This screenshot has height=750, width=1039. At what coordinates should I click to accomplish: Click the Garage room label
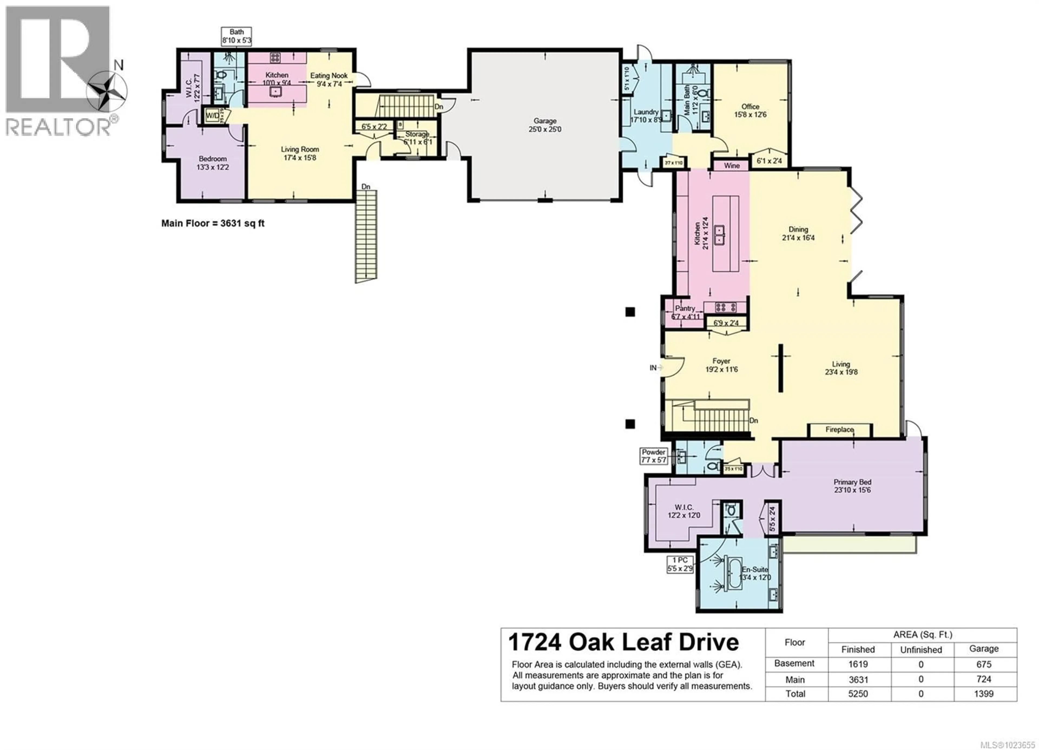(x=545, y=121)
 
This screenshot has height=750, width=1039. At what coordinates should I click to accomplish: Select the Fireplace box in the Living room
(x=839, y=430)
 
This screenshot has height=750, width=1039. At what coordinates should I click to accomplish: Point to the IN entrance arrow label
(x=653, y=367)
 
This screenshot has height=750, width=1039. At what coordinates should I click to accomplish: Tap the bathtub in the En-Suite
(x=734, y=573)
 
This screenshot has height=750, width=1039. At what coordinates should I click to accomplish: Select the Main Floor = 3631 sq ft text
(x=213, y=223)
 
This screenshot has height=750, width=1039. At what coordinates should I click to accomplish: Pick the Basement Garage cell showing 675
(x=984, y=664)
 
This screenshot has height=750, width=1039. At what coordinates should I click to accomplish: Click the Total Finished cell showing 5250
(x=858, y=694)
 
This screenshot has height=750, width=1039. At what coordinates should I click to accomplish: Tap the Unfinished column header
(x=921, y=650)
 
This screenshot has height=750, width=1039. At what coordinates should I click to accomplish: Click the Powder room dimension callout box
(x=654, y=456)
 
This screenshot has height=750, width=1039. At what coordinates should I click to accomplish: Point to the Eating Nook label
(x=329, y=75)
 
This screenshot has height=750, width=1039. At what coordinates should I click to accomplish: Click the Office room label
(x=750, y=106)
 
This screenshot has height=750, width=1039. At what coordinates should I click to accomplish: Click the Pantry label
(x=685, y=308)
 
